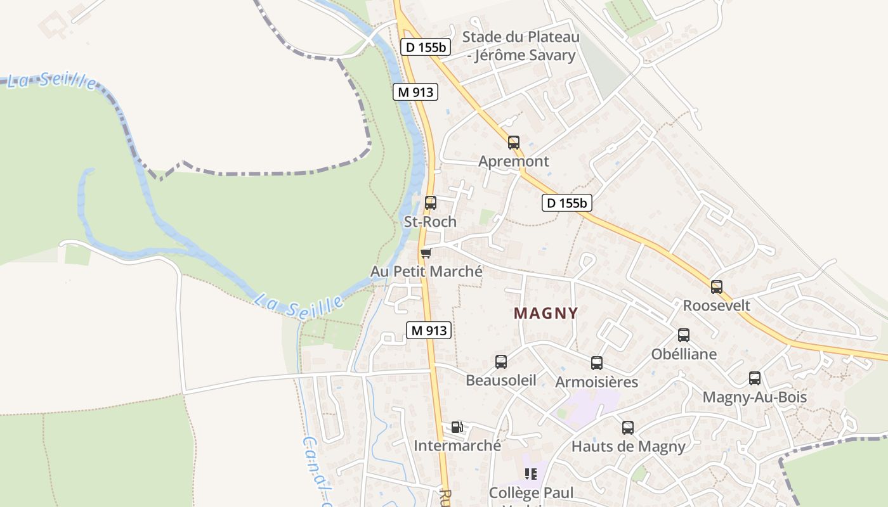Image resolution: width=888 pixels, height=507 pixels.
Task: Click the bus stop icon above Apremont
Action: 514,143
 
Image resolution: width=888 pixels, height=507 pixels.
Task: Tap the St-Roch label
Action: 430,222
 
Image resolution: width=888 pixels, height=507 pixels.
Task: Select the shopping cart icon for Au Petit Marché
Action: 426,253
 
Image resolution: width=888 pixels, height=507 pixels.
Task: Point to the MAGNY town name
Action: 545,313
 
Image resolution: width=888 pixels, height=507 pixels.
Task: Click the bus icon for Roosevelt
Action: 717,287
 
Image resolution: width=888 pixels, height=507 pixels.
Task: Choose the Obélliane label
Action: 684,354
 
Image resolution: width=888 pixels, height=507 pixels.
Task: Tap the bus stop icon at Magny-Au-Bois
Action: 755,378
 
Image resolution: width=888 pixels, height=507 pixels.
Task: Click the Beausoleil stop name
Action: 500,380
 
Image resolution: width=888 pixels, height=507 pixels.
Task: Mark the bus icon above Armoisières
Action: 597,363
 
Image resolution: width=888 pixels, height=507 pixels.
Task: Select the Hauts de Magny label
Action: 628,446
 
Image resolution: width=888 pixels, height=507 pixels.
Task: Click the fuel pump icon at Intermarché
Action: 457,427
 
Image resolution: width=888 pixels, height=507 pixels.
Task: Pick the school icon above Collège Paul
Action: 531,474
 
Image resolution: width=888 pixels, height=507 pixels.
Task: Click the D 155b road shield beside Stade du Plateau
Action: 426,47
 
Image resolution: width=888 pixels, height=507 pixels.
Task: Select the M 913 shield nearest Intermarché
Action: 429,330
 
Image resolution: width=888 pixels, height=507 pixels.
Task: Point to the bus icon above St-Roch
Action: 431,203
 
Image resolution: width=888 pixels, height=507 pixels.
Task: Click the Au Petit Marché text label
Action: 426,271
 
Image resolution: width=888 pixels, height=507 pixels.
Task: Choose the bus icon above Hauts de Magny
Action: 628,428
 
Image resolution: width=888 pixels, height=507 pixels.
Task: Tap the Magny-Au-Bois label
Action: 754,397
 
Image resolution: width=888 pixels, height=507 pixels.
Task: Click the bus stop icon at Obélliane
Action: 684,335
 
